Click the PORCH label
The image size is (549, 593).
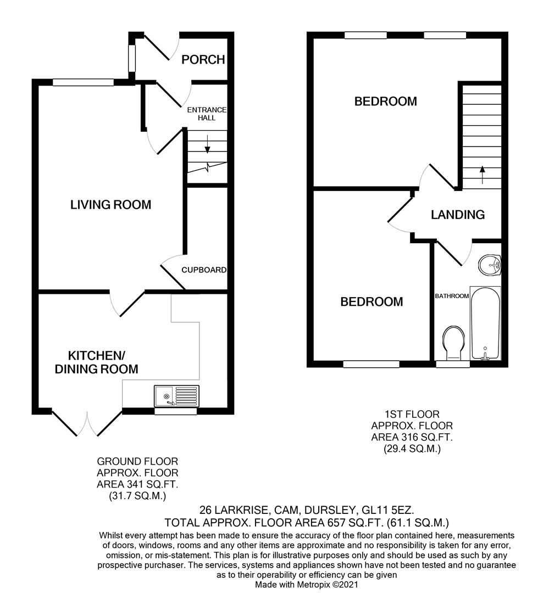203,59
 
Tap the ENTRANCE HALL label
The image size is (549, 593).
207,114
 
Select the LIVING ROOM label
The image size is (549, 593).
110,205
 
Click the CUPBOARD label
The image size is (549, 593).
204,270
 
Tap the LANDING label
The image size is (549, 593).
458,215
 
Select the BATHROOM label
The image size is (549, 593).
452,296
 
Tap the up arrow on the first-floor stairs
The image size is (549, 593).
482,174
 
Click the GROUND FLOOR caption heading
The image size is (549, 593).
137,462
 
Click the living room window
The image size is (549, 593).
83,82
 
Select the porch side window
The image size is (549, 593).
131,58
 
